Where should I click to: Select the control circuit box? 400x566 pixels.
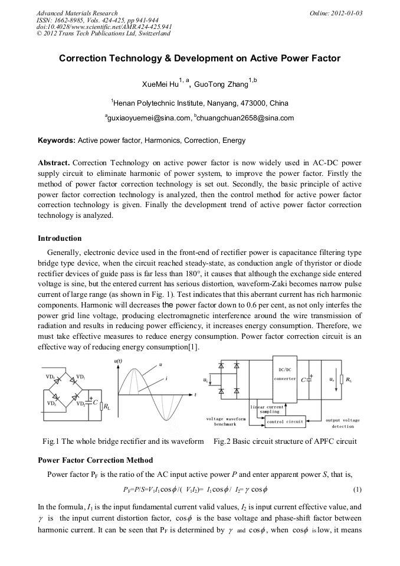tap(284, 421)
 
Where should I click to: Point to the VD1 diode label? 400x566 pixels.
tap(81, 376)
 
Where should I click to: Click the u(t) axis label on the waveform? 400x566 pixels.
tap(118, 359)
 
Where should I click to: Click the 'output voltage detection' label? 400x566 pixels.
tap(343, 423)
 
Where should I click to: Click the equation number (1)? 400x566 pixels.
tap(356, 490)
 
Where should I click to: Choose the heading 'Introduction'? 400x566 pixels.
tap(60, 238)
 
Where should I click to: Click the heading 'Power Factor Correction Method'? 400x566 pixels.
tap(95, 460)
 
